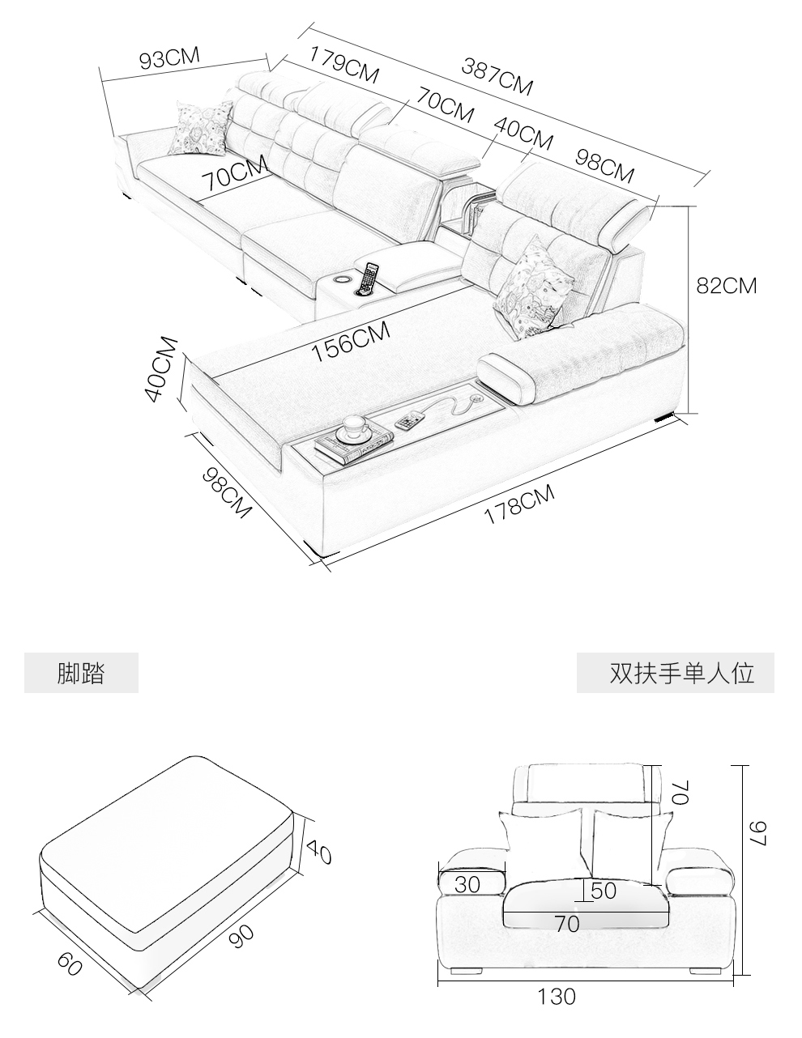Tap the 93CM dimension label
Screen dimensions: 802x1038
(169, 58)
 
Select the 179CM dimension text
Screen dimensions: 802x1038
(344, 65)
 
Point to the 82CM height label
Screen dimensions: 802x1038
(727, 286)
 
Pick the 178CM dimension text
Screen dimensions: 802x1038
(519, 504)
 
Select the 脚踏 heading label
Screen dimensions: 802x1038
(81, 673)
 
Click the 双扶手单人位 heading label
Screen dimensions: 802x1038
(682, 673)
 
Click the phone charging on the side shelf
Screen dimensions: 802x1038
(411, 420)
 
